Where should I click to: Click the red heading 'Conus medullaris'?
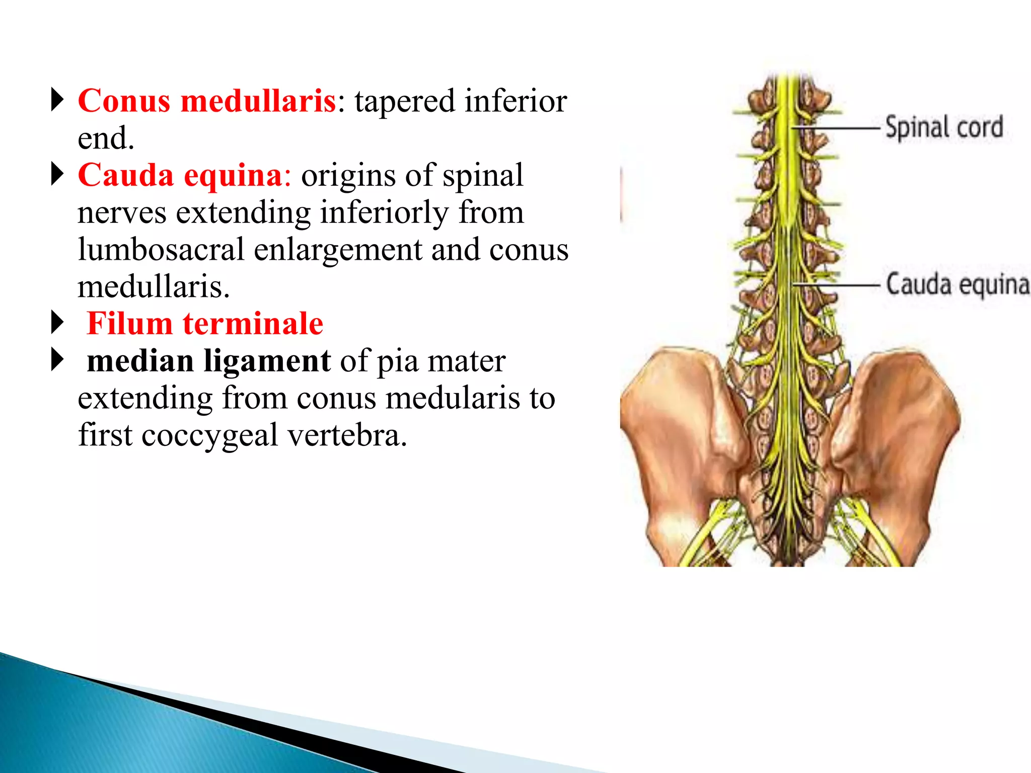pyautogui.click(x=207, y=101)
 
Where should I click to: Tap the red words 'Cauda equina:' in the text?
pyautogui.click(x=184, y=176)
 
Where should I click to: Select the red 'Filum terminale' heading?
pyautogui.click(x=205, y=324)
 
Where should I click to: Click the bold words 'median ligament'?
pyautogui.click(x=208, y=361)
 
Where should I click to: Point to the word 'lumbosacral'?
pyautogui.click(x=161, y=250)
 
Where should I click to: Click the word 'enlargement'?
pyautogui.click(x=337, y=250)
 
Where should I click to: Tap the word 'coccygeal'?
pyautogui.click(x=209, y=435)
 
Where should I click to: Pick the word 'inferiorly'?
pyautogui.click(x=384, y=212)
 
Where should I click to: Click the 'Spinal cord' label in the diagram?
pyautogui.click(x=944, y=127)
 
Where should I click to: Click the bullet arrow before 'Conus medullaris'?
pyautogui.click(x=58, y=100)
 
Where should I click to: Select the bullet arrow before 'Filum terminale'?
pyautogui.click(x=58, y=323)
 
